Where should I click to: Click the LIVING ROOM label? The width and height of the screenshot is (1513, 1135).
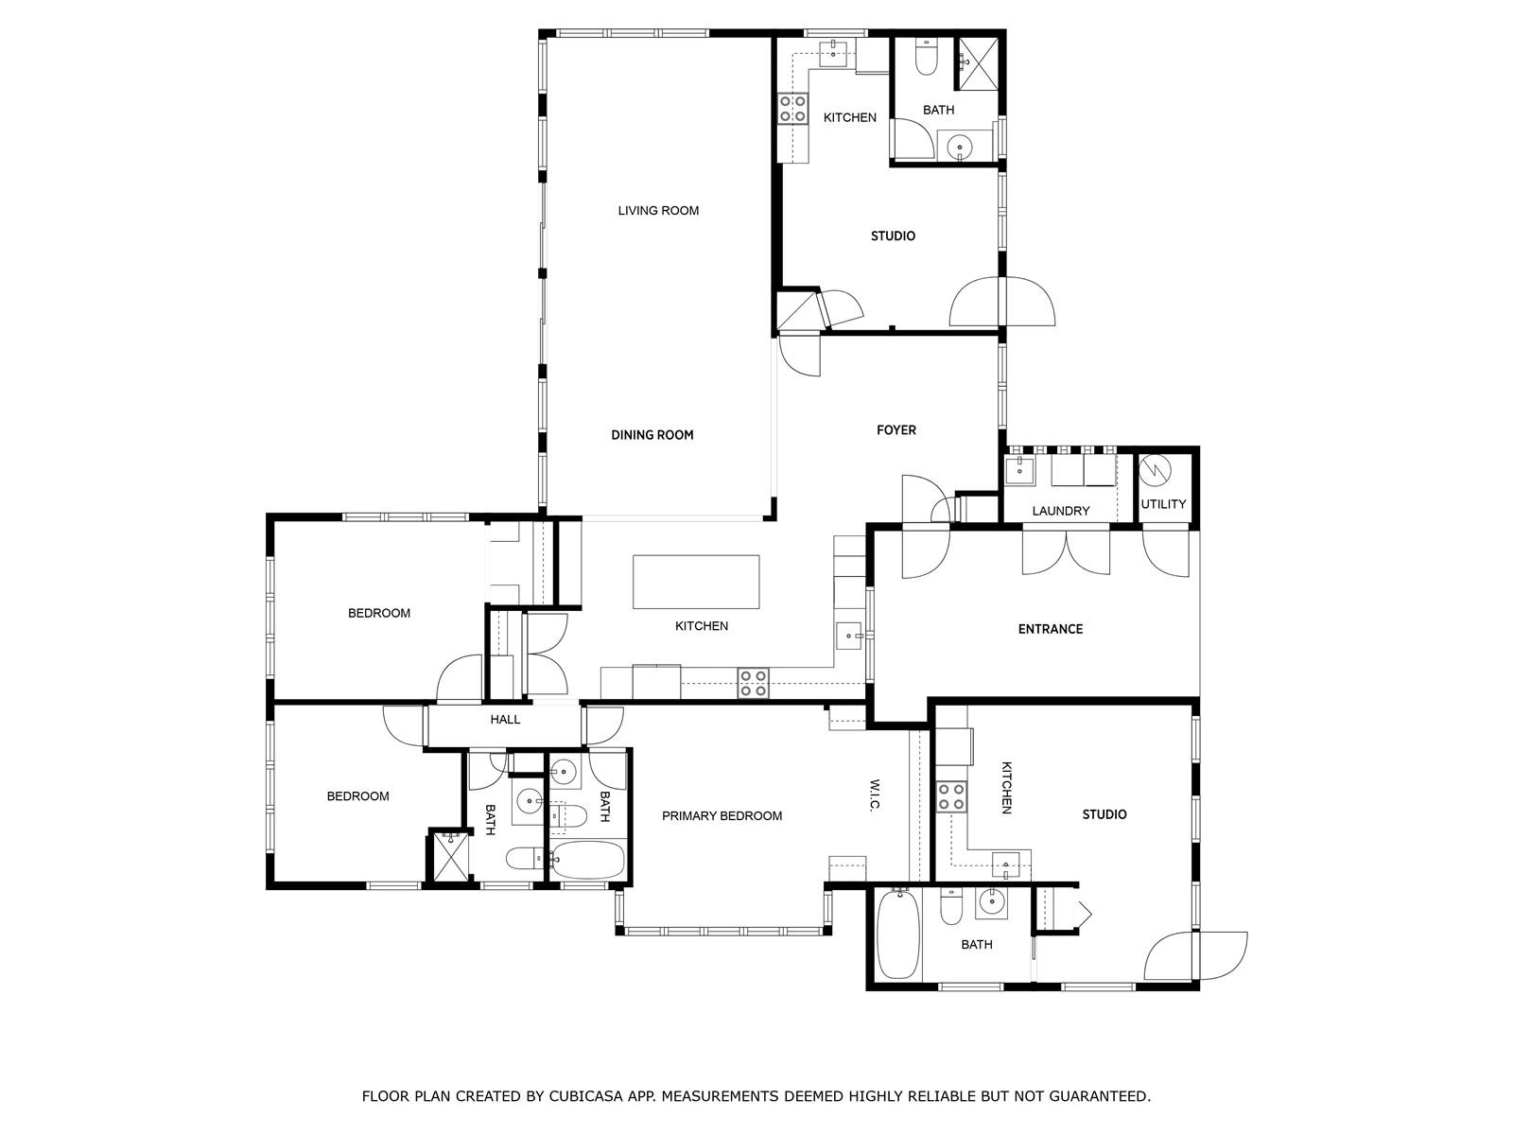point(657,210)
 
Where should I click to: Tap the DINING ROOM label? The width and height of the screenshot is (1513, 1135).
point(652,435)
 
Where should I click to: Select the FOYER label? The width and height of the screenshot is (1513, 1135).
point(896,430)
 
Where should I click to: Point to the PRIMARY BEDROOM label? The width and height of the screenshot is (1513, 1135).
point(721,816)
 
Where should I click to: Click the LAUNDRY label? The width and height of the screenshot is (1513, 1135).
point(1060,511)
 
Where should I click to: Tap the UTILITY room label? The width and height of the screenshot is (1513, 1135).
point(1162,504)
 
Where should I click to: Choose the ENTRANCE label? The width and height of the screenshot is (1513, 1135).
point(1050,628)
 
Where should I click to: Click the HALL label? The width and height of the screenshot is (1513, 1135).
point(505,720)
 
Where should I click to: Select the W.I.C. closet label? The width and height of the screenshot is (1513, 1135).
point(875,795)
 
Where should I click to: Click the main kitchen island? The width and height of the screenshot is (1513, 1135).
point(695,582)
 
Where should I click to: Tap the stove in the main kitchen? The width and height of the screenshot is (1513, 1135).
point(753,682)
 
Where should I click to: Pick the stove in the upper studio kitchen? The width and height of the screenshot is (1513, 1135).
point(792,109)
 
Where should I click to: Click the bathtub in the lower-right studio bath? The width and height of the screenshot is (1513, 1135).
point(898,934)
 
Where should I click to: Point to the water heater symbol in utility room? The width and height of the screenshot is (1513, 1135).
point(1156,471)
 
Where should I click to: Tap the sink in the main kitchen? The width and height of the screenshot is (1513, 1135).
point(849,635)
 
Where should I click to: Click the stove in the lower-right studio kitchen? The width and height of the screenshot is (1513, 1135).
point(950,796)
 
